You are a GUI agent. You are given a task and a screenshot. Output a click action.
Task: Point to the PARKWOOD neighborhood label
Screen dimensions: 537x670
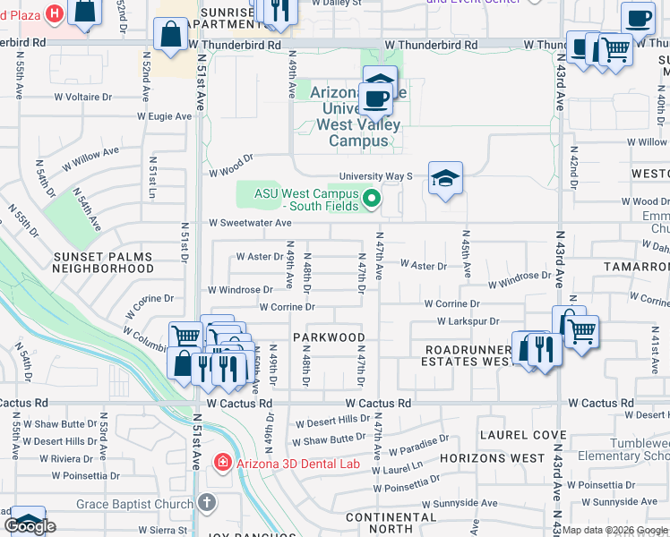pos(329,337)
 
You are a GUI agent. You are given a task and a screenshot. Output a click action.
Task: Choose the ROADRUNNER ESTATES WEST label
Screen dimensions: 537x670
pos(472,355)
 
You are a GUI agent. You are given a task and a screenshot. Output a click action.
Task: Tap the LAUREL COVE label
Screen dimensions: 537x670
pos(512,435)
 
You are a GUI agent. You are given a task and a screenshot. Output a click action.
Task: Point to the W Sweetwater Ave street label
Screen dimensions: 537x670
pos(250,223)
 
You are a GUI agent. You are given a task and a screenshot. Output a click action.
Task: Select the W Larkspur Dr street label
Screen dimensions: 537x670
pos(468,320)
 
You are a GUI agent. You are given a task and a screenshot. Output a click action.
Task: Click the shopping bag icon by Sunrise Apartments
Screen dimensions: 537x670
pos(170,35)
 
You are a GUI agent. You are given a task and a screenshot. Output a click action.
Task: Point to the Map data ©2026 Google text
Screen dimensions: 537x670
pos(614,530)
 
